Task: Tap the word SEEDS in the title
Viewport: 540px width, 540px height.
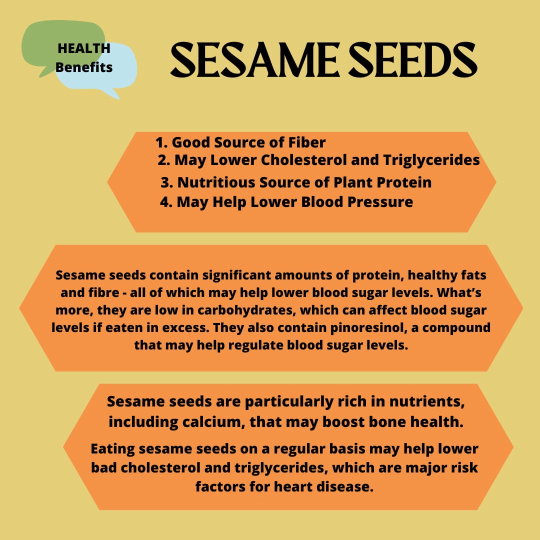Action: click(x=412, y=60)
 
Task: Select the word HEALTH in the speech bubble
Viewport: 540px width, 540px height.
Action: click(x=84, y=48)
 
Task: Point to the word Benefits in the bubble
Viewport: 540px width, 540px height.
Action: click(x=84, y=67)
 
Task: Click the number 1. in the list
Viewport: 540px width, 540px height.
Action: click(x=161, y=142)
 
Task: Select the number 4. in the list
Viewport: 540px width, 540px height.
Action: click(x=166, y=202)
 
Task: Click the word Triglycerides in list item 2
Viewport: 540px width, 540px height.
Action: click(x=431, y=160)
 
